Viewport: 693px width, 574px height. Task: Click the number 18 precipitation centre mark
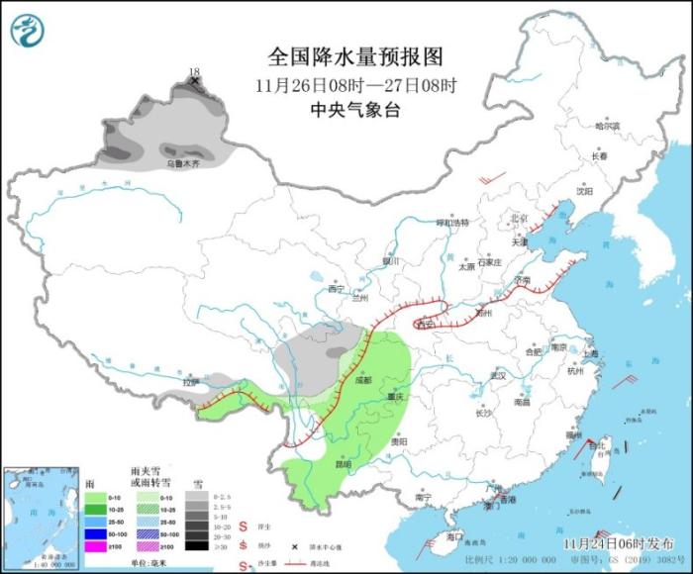point(194,72)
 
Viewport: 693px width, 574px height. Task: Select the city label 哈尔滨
point(607,127)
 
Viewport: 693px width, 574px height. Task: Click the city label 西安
point(427,324)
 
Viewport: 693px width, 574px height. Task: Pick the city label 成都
point(363,378)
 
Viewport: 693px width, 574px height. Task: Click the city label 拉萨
point(190,381)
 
